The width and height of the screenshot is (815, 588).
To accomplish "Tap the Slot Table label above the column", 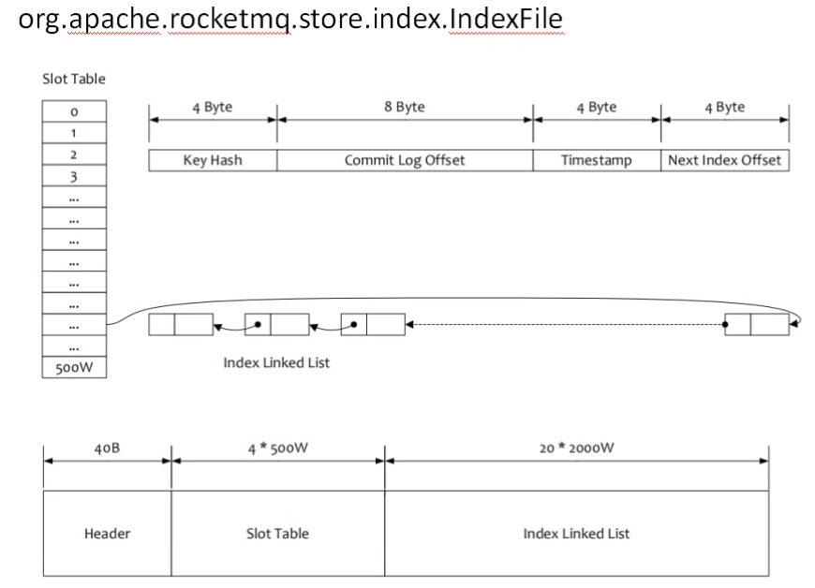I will [74, 80].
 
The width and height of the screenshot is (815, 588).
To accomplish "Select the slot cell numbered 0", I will [74, 111].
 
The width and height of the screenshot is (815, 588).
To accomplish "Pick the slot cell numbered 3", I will [74, 176].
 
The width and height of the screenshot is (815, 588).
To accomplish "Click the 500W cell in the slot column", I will [74, 368].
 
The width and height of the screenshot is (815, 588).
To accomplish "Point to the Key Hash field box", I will [213, 160].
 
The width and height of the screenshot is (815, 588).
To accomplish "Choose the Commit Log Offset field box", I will [405, 160].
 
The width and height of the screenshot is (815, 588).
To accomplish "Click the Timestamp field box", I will [596, 160].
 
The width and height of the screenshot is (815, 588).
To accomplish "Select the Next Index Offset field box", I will [724, 160].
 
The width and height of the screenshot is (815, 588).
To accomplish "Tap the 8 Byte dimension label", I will [405, 107].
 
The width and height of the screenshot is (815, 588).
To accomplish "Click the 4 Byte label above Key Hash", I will [213, 107].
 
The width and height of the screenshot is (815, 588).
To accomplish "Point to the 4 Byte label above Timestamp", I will [596, 107].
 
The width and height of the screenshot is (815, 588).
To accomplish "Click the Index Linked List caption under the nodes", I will [276, 362].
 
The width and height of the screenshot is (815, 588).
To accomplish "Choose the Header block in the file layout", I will [107, 534].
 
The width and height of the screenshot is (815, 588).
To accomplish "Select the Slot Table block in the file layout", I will [277, 534].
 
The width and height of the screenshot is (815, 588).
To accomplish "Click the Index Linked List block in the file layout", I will [576, 534].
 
